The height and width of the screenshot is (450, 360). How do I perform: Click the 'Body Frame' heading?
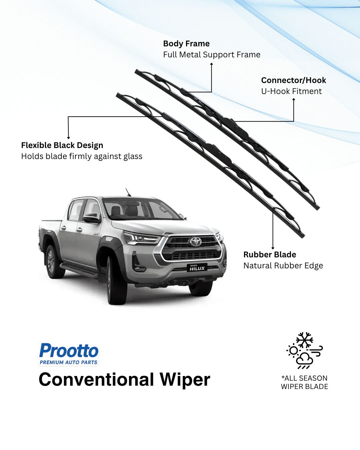pos(186,44)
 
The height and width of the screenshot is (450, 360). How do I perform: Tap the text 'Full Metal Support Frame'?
pos(212,55)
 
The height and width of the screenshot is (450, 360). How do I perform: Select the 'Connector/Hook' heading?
pos(293,80)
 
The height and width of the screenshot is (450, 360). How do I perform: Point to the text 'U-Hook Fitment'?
pos(291,91)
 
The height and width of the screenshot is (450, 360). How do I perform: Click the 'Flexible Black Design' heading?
pos(62,145)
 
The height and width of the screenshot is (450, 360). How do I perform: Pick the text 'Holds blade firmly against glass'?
pos(82,156)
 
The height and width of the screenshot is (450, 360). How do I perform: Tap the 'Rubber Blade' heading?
pos(270,255)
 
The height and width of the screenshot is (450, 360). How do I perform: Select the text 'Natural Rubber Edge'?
pos(283,266)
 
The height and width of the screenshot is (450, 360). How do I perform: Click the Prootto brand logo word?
pos(69,351)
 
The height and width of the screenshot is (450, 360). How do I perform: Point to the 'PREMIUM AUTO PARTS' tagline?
pos(69,362)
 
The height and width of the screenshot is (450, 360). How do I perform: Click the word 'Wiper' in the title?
pos(185,380)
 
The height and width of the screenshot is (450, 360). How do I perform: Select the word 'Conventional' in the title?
pos(96,380)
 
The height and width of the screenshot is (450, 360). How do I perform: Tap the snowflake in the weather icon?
pos(305,340)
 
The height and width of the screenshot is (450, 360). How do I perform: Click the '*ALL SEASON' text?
pos(304,378)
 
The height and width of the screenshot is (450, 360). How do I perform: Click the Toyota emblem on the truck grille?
pos(196,241)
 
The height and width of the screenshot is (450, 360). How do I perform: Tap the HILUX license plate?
pos(197,268)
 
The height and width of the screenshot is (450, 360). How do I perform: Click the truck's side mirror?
pos(91,218)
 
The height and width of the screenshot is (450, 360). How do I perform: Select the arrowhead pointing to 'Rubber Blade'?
pos(273,248)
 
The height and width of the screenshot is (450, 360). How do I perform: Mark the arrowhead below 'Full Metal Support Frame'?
pos(211,64)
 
